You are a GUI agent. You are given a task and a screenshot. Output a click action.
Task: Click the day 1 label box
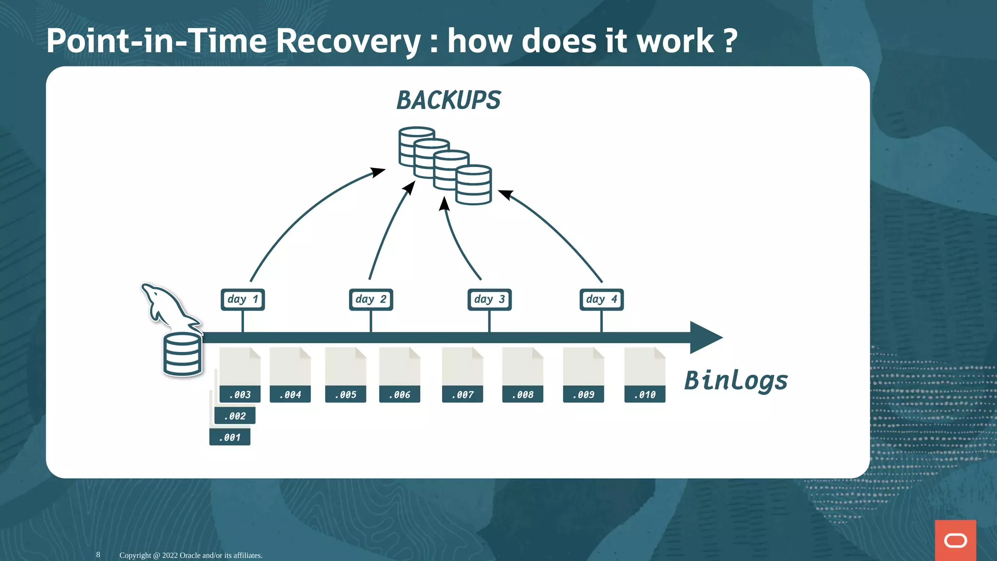coord(242,299)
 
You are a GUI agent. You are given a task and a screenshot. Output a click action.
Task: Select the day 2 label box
coord(370,299)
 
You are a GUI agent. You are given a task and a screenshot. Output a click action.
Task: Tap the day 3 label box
coord(489,299)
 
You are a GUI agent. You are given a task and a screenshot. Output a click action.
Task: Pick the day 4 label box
coord(601,299)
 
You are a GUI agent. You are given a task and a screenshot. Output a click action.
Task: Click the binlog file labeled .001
coord(230,437)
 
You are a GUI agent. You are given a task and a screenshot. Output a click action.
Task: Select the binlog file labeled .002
coord(235,415)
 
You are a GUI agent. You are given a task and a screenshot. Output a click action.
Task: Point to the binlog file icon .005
coord(346,374)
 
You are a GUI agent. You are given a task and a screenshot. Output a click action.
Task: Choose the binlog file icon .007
coord(462,374)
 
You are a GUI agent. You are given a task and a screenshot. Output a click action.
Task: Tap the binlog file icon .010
coord(645,374)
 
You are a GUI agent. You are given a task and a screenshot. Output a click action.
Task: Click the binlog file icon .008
coord(522,374)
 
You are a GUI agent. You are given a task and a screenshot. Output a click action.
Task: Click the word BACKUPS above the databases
coord(448,100)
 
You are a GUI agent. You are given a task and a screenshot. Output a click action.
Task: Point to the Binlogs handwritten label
coord(736,380)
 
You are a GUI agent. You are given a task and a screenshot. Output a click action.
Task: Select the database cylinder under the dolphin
coord(182,355)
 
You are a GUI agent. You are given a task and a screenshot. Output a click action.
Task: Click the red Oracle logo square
coord(955,540)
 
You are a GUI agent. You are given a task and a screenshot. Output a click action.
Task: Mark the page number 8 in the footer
coord(98,555)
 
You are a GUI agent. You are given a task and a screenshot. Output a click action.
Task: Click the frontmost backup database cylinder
coord(473,185)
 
